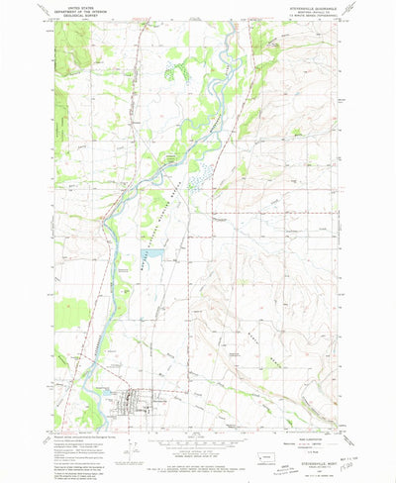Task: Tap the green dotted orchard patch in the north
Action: click(x=177, y=71)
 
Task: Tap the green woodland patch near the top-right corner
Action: click(x=265, y=40)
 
